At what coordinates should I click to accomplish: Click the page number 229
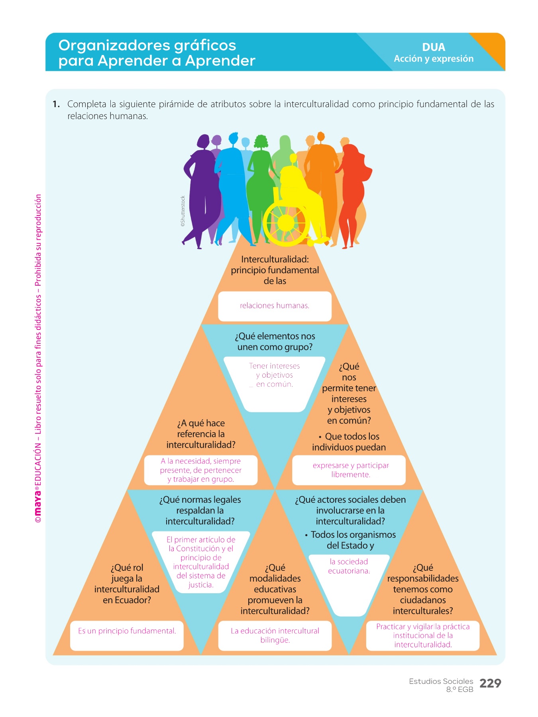click(490, 683)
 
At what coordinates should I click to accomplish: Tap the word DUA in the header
click(434, 47)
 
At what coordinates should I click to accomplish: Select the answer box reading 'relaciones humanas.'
click(275, 306)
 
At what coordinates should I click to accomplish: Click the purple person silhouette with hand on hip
click(202, 187)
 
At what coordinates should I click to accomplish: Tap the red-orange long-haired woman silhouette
click(353, 191)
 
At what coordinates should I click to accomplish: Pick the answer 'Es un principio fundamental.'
click(127, 631)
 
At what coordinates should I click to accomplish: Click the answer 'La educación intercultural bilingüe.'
click(275, 635)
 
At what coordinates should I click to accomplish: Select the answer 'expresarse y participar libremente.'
click(350, 470)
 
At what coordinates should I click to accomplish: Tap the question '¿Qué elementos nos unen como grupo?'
click(275, 341)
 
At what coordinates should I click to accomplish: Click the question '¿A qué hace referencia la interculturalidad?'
click(201, 434)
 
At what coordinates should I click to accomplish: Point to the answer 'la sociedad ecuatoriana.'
click(349, 566)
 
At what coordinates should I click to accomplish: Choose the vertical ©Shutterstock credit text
click(183, 211)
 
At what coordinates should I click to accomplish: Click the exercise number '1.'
click(56, 104)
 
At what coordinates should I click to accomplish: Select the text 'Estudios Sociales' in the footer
click(441, 681)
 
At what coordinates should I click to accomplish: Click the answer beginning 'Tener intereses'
click(274, 375)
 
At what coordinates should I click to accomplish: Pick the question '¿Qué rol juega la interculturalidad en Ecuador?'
click(127, 584)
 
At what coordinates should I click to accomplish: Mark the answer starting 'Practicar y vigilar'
click(423, 635)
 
